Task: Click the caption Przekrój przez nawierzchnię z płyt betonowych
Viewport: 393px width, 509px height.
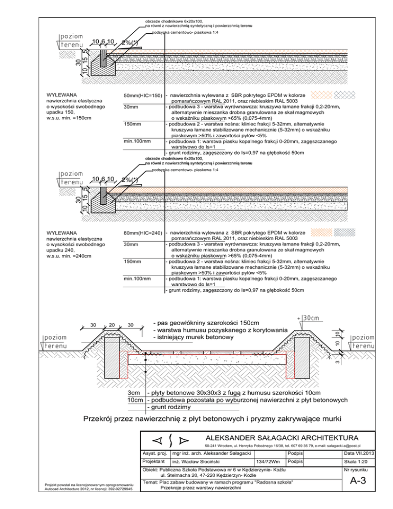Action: pyautogui.click(x=212, y=420)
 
